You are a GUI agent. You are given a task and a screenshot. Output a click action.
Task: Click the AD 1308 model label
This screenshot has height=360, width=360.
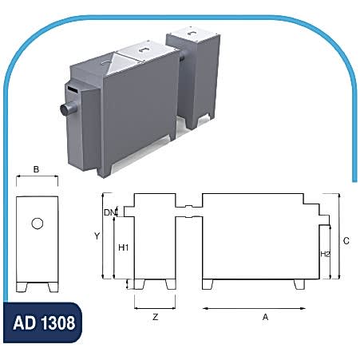[45, 324]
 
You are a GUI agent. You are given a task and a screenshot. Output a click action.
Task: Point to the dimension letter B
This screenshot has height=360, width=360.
[38, 169]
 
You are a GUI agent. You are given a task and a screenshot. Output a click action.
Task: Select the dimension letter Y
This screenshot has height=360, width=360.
[96, 236]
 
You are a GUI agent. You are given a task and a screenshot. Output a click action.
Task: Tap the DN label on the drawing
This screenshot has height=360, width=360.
[109, 212]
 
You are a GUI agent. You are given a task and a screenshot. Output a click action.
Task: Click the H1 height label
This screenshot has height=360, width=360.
[124, 247]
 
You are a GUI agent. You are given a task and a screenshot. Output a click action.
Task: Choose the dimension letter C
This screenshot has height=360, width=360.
[346, 239]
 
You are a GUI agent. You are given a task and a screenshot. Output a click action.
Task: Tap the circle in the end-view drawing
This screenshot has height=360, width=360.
[38, 224]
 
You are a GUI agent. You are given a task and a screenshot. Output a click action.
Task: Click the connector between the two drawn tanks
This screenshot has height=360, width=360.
[188, 209]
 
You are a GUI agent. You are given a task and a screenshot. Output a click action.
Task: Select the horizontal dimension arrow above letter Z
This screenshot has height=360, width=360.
[154, 307]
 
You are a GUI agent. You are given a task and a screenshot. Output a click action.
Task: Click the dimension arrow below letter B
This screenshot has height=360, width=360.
[38, 180]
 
